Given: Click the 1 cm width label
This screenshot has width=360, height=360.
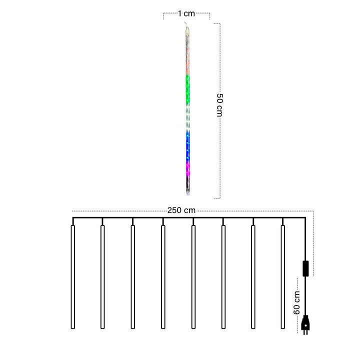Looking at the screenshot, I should (186, 14).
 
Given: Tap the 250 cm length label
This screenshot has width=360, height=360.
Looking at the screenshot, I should (181, 210).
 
